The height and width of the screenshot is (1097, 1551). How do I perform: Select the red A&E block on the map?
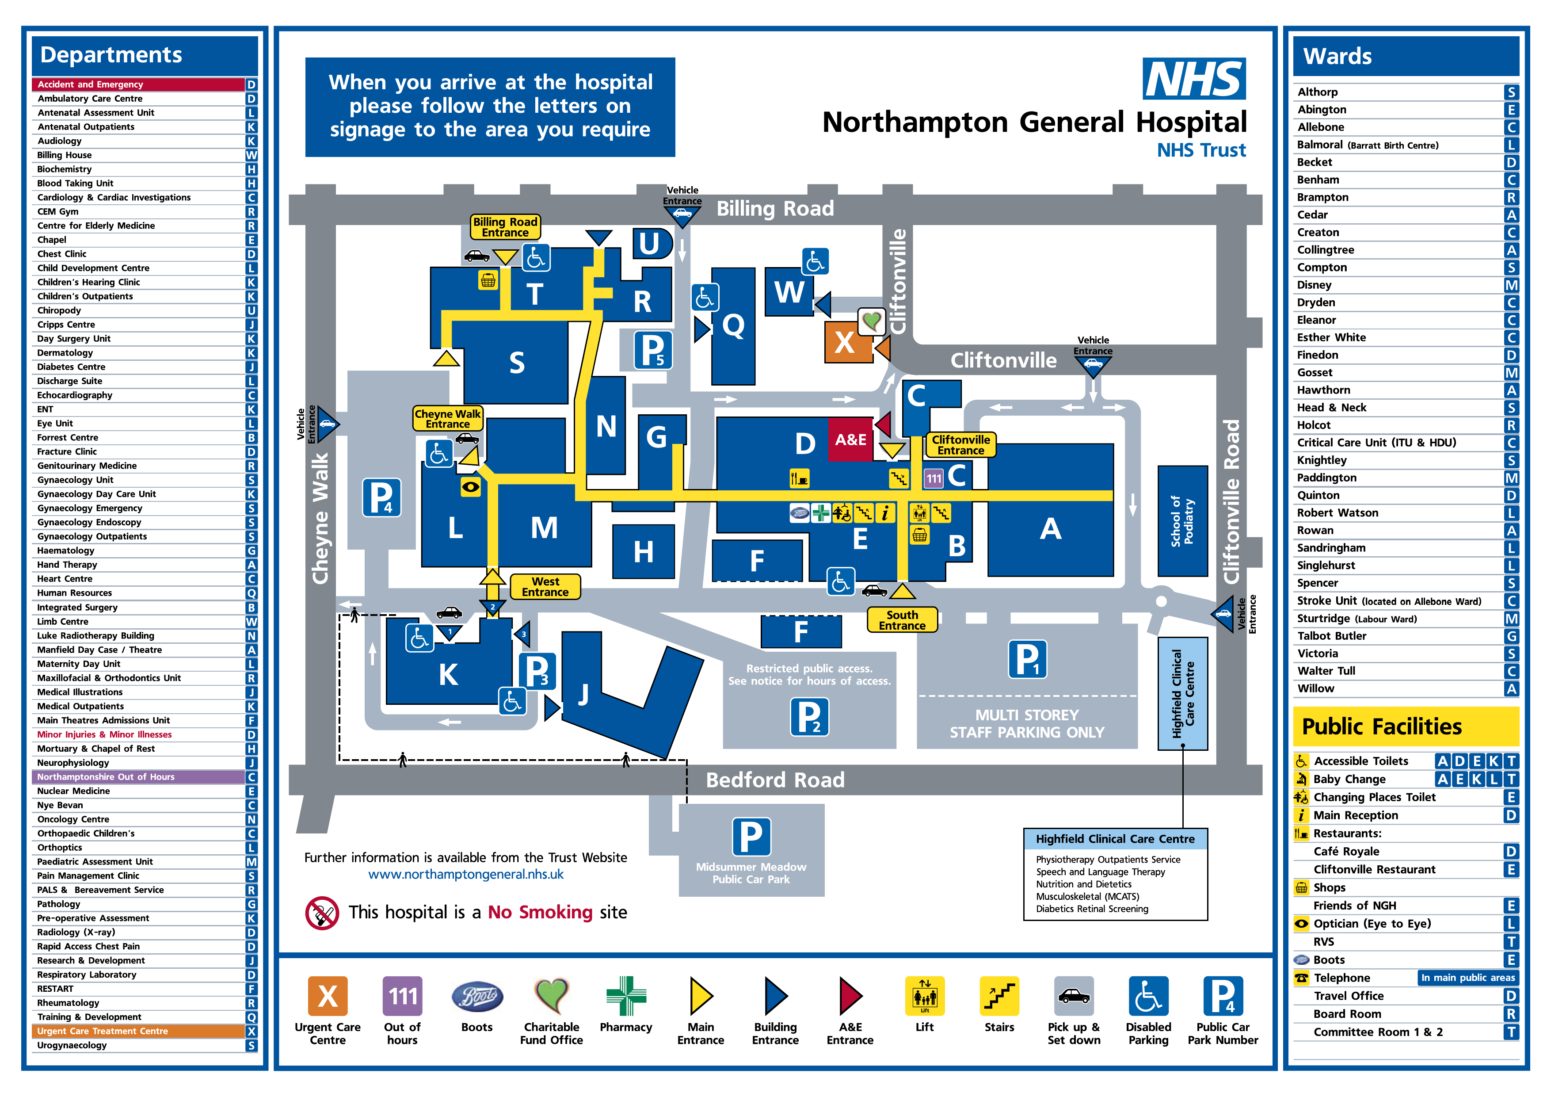click(850, 440)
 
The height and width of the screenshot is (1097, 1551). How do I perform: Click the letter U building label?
click(650, 243)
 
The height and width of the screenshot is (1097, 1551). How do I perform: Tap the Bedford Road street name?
click(775, 780)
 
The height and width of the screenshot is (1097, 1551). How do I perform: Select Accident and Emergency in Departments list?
click(138, 84)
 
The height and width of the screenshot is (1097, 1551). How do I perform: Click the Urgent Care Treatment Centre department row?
click(138, 1031)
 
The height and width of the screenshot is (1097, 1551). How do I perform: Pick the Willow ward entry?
click(1315, 688)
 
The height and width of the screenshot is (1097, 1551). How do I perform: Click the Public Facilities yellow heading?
click(1405, 726)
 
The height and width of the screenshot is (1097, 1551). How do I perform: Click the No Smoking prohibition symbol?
click(322, 913)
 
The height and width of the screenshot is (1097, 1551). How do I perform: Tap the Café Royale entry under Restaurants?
click(1346, 852)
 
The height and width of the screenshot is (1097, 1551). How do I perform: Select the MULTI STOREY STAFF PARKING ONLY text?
click(1026, 724)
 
